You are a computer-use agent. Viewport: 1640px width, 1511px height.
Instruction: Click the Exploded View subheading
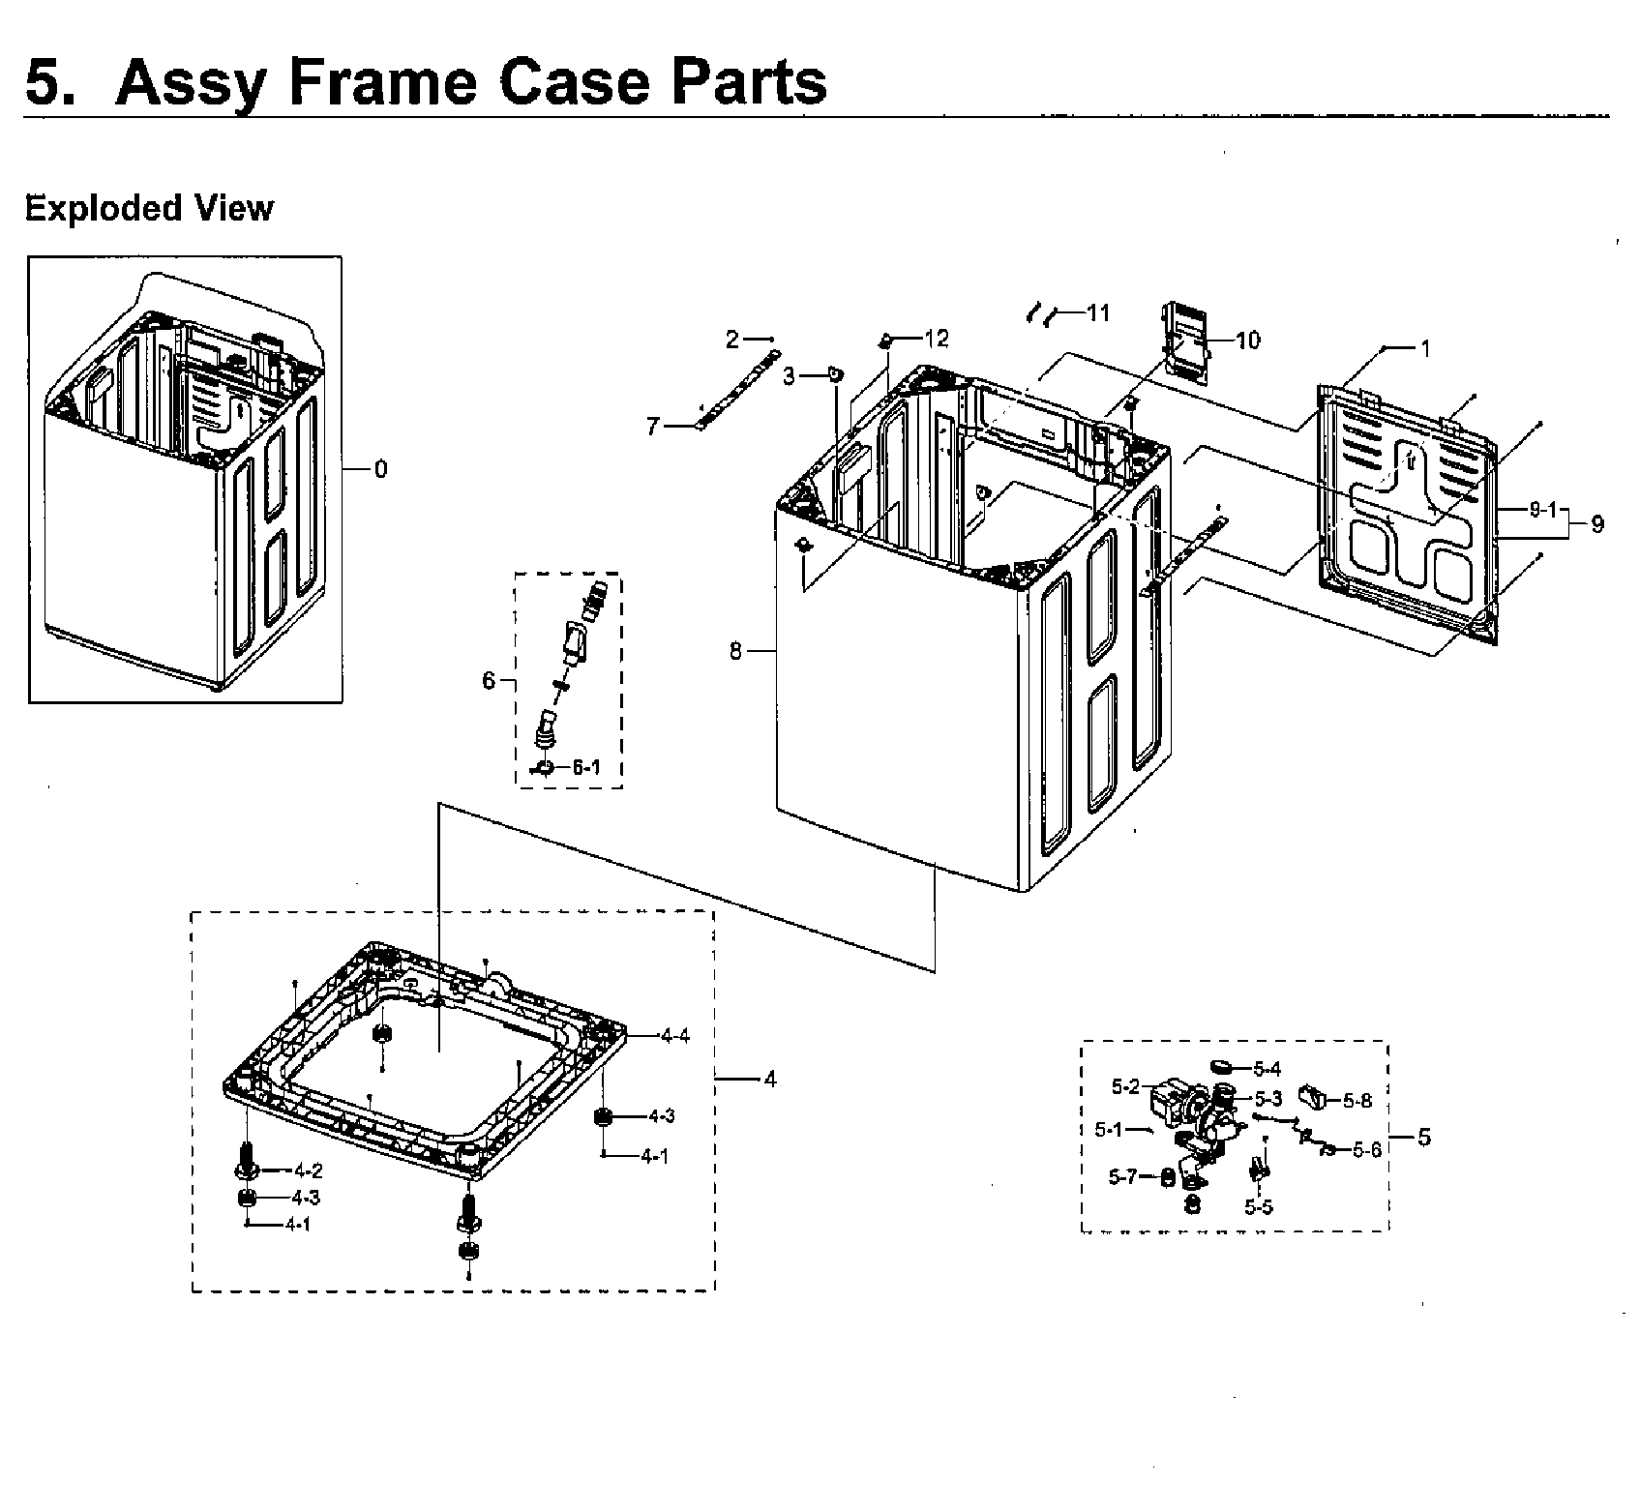(149, 208)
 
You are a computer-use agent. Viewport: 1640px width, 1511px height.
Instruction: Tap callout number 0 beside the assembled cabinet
(380, 469)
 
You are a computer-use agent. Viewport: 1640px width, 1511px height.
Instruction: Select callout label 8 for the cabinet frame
(735, 652)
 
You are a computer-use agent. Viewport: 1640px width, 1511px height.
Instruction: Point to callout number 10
(1248, 341)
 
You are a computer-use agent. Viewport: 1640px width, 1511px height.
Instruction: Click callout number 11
(1097, 312)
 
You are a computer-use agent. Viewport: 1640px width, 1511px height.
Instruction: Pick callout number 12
(936, 338)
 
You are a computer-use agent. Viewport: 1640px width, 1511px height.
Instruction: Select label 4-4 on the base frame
(674, 1036)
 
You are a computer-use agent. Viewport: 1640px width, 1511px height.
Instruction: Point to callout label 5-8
(1357, 1100)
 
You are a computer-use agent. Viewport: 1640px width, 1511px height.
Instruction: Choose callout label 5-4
(1267, 1069)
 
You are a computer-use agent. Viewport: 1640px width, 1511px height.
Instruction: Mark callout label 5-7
(1122, 1176)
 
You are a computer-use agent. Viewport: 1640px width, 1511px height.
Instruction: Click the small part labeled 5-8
(1311, 1097)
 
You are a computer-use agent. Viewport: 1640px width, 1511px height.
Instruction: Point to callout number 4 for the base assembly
(770, 1080)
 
